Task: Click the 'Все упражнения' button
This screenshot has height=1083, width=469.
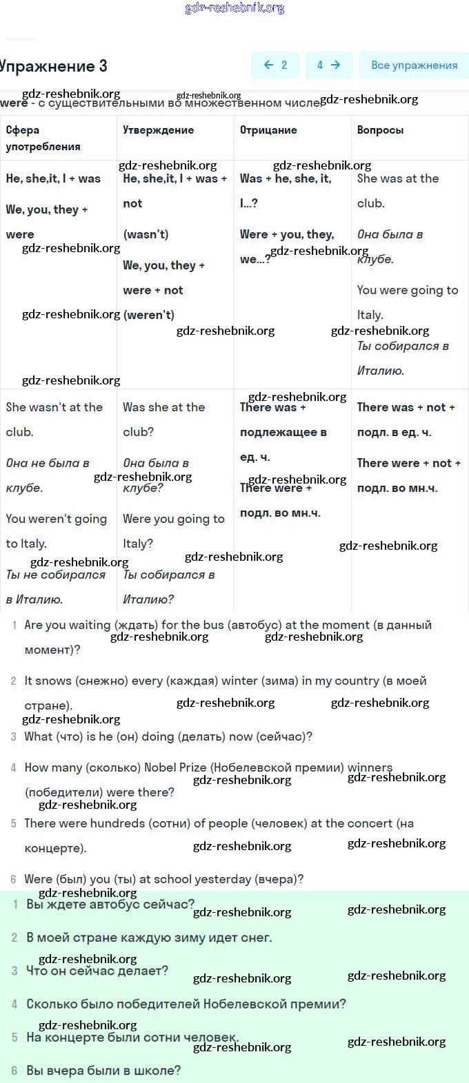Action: coord(414,65)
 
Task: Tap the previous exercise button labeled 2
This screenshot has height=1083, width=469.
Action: coord(275,65)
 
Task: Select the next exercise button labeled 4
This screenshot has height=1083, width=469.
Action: coord(328,65)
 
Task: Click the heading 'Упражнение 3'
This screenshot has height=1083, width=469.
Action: coord(54,66)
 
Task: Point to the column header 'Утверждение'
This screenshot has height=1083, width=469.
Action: coord(158,130)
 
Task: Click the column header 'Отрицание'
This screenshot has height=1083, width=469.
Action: coord(268,130)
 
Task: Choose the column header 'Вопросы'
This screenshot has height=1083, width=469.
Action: coord(380,130)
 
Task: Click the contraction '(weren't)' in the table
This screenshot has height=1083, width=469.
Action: coord(148,315)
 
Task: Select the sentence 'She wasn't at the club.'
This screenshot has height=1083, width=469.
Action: coord(54,419)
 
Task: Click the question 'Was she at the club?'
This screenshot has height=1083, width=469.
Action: coord(163,419)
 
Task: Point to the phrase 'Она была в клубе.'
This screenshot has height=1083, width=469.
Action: coord(390,247)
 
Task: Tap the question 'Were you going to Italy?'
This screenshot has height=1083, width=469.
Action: coord(173,530)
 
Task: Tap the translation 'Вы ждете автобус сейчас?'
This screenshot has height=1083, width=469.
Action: coord(110,904)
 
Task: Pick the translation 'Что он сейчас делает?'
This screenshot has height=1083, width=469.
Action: coord(97,971)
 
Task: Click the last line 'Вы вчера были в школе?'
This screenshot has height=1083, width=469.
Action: coord(103,1071)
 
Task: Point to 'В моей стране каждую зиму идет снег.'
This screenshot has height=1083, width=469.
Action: coord(149,938)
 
